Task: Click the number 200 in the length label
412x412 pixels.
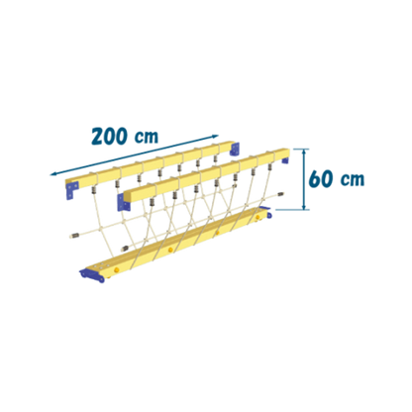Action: tap(110, 136)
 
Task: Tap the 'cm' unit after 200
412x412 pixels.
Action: tap(147, 137)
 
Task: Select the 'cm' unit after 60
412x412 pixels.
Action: tap(353, 179)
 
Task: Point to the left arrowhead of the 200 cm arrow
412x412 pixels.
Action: tap(52, 174)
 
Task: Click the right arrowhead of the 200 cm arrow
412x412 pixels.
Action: tap(216, 136)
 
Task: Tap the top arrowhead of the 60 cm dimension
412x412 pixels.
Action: tap(305, 152)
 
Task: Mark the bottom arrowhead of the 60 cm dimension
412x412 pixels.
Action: tap(305, 206)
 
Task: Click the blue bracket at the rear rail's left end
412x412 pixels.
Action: tap(71, 190)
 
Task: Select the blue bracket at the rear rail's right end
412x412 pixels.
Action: tap(235, 149)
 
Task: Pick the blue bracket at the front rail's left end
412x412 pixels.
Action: tap(123, 202)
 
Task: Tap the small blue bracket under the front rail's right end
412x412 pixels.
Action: tap(285, 160)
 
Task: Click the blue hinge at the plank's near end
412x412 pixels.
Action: tap(92, 275)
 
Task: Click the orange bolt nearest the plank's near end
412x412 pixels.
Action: tap(117, 270)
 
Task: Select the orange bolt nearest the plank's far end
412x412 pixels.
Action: tap(257, 217)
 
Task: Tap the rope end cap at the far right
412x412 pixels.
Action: tap(281, 194)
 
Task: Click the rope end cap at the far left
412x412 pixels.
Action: tap(74, 236)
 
